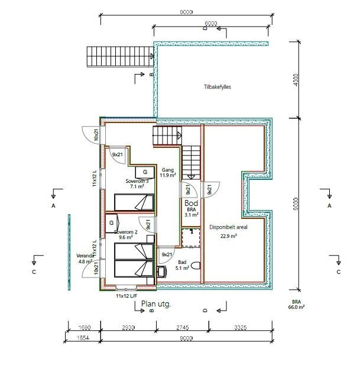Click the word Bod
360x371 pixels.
click(191, 203)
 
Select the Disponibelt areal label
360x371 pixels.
click(224, 231)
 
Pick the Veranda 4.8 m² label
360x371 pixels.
click(85, 258)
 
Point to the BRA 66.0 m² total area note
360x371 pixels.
click(296, 304)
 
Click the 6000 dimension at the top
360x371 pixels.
click(211, 24)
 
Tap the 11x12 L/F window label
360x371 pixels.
click(127, 295)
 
